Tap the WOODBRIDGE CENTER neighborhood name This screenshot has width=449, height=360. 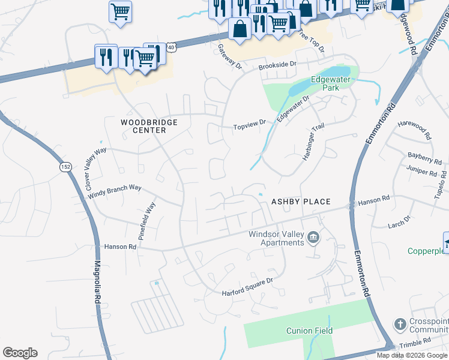click(x=149, y=126)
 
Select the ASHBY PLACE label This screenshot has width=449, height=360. click(x=301, y=202)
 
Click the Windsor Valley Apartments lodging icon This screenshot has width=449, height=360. click(x=313, y=238)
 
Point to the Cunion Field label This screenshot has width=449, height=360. click(x=309, y=331)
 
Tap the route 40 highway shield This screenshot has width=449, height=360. click(x=171, y=47)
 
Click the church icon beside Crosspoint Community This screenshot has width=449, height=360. click(x=400, y=325)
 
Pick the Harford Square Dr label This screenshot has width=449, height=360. click(x=247, y=286)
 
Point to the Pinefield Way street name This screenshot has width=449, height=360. click(x=146, y=221)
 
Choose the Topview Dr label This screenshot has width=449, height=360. click(x=249, y=125)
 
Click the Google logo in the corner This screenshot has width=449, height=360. click(x=20, y=353)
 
